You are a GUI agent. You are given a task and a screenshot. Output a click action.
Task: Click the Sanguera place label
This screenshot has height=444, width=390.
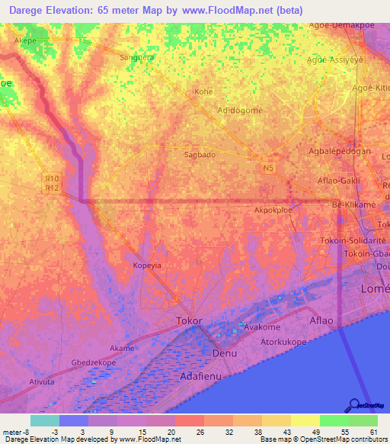tap(138, 57)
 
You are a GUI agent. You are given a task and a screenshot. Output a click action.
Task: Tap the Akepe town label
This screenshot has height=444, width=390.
tap(25, 40)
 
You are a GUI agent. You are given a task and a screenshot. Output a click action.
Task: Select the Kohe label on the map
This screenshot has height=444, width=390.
tap(203, 92)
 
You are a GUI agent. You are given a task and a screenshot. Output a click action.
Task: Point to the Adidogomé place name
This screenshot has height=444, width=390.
tap(240, 110)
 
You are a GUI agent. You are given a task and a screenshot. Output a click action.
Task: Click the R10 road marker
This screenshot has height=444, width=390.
tap(52, 178)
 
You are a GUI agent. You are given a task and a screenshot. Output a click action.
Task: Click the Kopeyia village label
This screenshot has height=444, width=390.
tap(148, 266)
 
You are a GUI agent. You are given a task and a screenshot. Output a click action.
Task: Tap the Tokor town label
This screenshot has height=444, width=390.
tap(189, 320)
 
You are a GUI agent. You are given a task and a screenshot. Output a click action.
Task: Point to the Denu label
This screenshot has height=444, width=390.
tap(224, 354)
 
